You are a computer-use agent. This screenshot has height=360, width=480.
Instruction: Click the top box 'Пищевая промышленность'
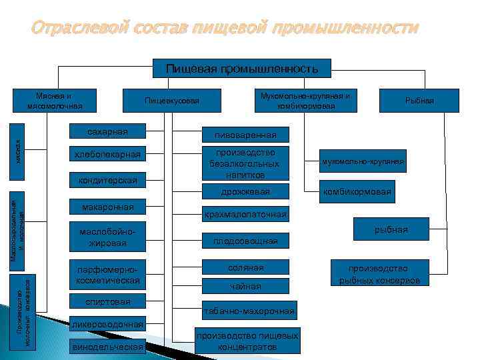point(242,68)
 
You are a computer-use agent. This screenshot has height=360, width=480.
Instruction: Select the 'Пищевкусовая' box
point(172,101)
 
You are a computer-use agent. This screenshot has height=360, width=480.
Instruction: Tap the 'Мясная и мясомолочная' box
point(55,100)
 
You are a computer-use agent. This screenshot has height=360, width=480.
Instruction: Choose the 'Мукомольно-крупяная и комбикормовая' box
point(307,101)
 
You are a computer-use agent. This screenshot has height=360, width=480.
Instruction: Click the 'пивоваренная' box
point(246,135)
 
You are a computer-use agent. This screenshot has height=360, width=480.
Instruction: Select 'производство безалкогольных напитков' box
point(246,163)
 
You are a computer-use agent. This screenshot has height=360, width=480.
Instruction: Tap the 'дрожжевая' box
point(246,192)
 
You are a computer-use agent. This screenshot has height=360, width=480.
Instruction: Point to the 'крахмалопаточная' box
point(246,215)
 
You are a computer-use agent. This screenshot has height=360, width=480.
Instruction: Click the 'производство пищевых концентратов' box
point(246,341)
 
